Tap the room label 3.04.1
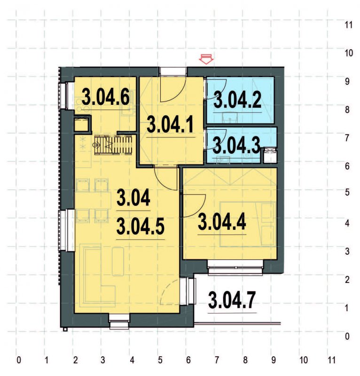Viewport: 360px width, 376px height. [170, 125]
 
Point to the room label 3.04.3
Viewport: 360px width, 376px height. [236, 145]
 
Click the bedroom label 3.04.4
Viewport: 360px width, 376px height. [222, 221]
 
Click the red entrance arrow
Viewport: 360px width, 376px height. [206, 59]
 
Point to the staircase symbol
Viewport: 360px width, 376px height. [114, 144]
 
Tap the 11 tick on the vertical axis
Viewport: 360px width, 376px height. [349, 25]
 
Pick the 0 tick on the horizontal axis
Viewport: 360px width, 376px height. [18, 361]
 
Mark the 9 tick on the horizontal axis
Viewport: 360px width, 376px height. [274, 361]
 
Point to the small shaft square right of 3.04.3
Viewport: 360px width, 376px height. [269, 155]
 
